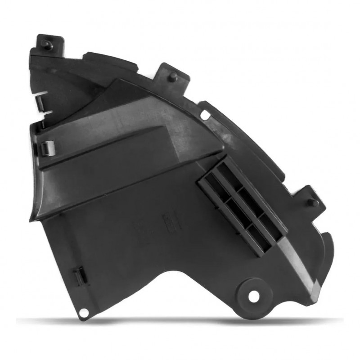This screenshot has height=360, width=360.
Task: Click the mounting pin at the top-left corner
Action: (x=47, y=45)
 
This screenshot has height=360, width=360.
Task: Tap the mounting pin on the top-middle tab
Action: (x=173, y=77)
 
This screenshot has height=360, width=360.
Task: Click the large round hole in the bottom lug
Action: (x=254, y=296)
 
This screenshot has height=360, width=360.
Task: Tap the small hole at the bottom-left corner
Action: (x=83, y=313)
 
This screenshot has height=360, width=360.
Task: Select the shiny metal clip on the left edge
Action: (x=47, y=147)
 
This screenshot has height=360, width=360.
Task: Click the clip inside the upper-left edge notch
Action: (x=40, y=101)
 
